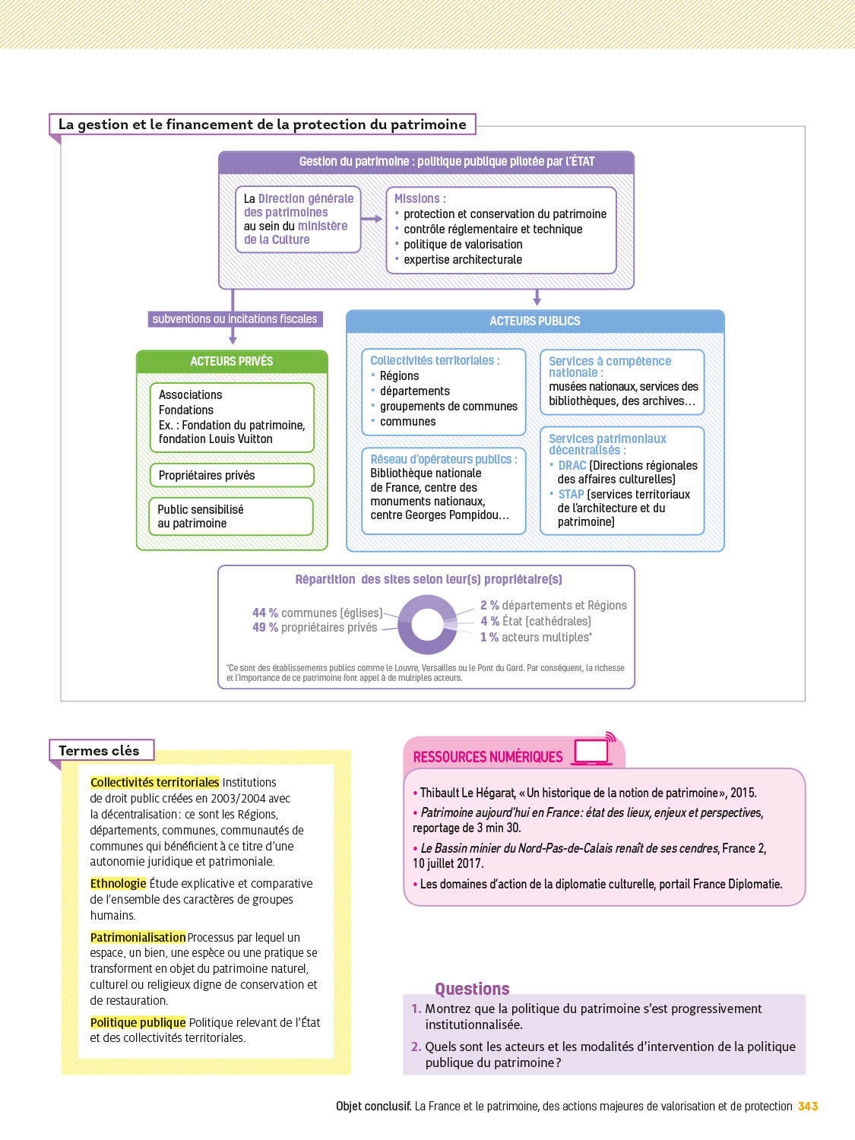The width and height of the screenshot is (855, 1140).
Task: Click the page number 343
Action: tap(808, 1107)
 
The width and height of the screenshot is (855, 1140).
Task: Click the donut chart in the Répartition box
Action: tap(427, 625)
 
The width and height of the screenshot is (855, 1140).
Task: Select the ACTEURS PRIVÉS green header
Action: tap(232, 362)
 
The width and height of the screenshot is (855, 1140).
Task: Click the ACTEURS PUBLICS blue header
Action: tap(535, 321)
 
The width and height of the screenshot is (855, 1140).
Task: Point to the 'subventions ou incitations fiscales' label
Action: tap(235, 319)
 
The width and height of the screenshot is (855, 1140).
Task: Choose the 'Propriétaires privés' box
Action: tap(232, 476)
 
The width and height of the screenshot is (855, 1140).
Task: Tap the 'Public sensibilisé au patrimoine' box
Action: tap(231, 517)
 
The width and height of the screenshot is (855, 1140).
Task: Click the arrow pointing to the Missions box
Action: tap(372, 219)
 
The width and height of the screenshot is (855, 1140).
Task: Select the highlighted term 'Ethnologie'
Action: tap(118, 884)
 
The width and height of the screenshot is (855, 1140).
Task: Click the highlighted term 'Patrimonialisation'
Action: tap(138, 938)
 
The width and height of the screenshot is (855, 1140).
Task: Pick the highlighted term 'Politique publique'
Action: tap(138, 1023)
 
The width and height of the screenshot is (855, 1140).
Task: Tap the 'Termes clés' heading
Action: tap(100, 751)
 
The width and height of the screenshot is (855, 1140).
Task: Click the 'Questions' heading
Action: tap(472, 989)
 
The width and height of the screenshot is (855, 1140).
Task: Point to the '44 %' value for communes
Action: tap(265, 613)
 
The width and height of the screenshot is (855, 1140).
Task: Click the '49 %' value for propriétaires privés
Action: tap(265, 628)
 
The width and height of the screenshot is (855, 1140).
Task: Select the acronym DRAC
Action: tap(572, 466)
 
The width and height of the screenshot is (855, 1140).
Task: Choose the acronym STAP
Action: tap(571, 495)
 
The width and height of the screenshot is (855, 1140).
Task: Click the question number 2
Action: tap(416, 1047)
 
